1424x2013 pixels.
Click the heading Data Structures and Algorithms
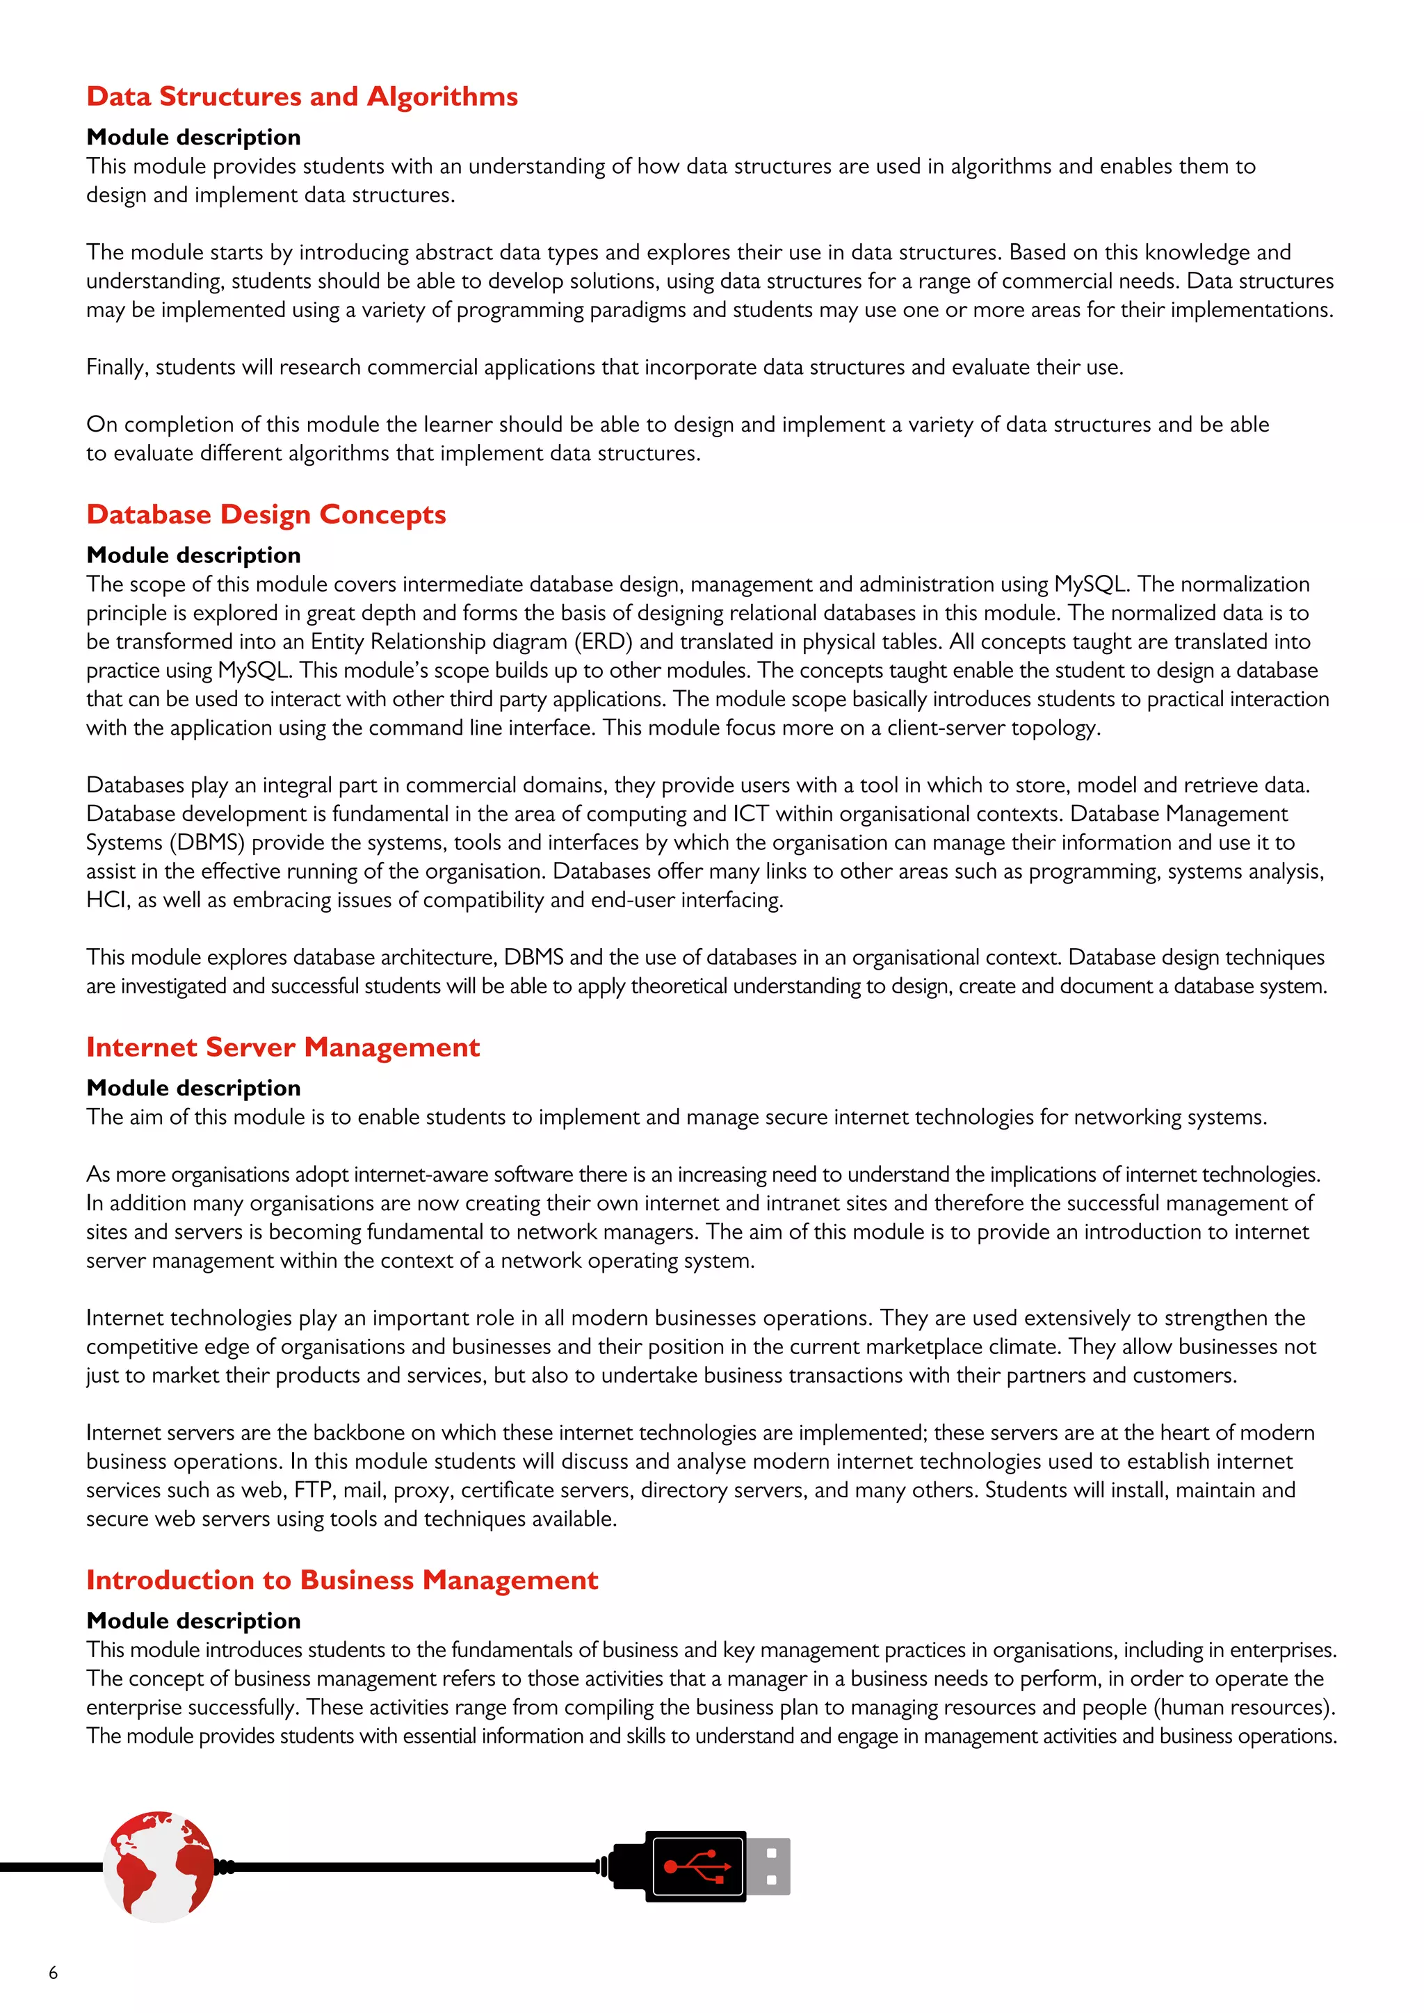(x=302, y=97)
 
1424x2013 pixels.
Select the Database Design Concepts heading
(x=266, y=514)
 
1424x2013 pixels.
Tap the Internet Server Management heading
(x=282, y=1047)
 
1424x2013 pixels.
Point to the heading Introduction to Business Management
(x=342, y=1580)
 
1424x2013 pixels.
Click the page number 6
(x=54, y=1973)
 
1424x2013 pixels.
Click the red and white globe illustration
(x=158, y=1866)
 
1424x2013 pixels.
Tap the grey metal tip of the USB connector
(x=769, y=1866)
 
